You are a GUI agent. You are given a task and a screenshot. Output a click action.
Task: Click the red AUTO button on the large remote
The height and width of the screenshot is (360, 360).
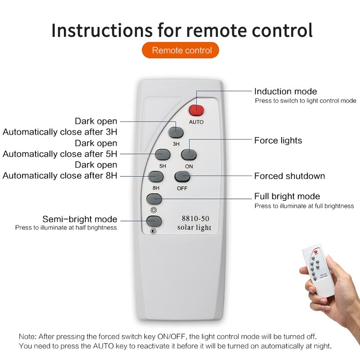pyautogui.click(x=196, y=110)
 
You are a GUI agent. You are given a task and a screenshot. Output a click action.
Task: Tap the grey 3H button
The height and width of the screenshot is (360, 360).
pyautogui.click(x=175, y=132)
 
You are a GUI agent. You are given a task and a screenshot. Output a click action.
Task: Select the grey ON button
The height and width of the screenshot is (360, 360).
pyautogui.click(x=189, y=154)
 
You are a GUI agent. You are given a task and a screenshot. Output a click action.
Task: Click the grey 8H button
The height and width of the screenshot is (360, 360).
pyautogui.click(x=156, y=176)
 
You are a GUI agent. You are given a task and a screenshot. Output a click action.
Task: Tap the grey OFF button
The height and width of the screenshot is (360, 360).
pyautogui.click(x=182, y=176)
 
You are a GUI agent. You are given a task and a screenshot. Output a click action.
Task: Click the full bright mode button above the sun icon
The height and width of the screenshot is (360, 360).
pyautogui.click(x=154, y=199)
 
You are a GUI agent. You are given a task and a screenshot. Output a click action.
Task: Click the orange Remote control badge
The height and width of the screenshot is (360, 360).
pyautogui.click(x=180, y=50)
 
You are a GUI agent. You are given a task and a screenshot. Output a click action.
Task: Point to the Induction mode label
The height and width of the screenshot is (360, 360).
pyautogui.click(x=286, y=91)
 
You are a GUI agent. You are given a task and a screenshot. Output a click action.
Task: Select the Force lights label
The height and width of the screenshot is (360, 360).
pyautogui.click(x=278, y=140)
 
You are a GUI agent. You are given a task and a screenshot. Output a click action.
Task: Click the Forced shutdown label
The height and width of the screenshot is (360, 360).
pyautogui.click(x=289, y=176)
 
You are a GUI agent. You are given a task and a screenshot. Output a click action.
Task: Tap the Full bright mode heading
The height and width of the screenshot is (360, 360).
pyautogui.click(x=287, y=196)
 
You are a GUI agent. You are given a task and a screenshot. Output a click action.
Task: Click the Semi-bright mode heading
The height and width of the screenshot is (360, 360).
pyautogui.click(x=80, y=219)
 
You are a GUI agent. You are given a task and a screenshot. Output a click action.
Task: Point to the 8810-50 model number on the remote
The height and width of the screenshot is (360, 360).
pyautogui.click(x=195, y=218)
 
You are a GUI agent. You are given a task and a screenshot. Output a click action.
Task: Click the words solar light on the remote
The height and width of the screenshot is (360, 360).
pyautogui.click(x=194, y=227)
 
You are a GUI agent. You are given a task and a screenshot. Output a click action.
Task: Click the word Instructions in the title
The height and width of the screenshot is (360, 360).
pyautogui.click(x=102, y=30)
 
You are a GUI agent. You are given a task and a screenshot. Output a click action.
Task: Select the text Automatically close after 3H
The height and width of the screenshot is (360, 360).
pyautogui.click(x=60, y=132)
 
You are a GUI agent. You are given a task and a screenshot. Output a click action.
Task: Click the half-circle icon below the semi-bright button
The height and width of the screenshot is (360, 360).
pyautogui.click(x=153, y=231)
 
